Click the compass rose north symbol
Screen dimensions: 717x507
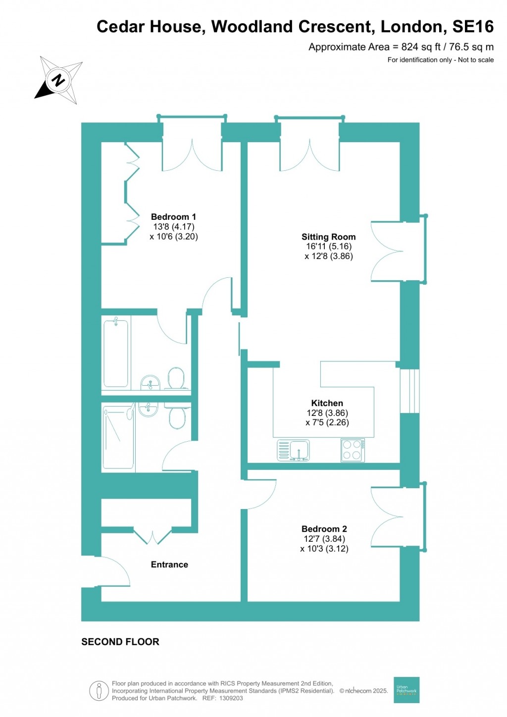tap(58, 80)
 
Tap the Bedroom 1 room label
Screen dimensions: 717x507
tap(173, 217)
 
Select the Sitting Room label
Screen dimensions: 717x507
tap(328, 237)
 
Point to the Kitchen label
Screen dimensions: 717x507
tap(327, 403)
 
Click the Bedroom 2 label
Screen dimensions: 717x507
tap(324, 529)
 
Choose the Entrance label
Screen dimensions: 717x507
tap(169, 564)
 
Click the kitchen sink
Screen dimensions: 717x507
tap(294, 450)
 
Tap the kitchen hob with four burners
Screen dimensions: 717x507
tap(353, 450)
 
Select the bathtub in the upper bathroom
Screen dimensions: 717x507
tap(116, 353)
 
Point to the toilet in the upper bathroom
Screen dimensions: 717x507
tap(176, 378)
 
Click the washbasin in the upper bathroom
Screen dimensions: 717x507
tap(150, 382)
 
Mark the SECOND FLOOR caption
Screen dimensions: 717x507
tap(120, 642)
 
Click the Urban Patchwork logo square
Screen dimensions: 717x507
tap(406, 690)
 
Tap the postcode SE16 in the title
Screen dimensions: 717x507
tap(473, 27)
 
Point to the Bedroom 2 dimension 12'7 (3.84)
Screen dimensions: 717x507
tap(324, 539)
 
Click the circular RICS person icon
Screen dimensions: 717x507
tap(99, 691)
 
